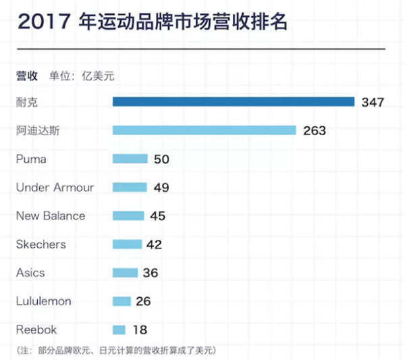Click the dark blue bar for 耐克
pyautogui.click(x=233, y=102)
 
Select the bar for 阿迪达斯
pyautogui.click(x=204, y=130)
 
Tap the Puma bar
pyautogui.click(x=130, y=159)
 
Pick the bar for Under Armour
pyautogui.click(x=129, y=187)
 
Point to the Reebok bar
pyautogui.click(x=119, y=330)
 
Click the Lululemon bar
pyautogui.click(x=122, y=301)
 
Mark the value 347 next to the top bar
pyautogui.click(x=372, y=102)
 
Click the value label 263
pyautogui.click(x=314, y=130)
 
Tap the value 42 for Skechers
pyautogui.click(x=155, y=245)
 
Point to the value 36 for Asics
pyautogui.click(x=150, y=273)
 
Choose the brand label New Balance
pyautogui.click(x=51, y=216)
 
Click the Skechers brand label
pyautogui.click(x=42, y=245)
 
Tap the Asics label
pyautogui.click(x=30, y=273)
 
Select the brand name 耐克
pyautogui.click(x=27, y=102)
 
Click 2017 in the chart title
pyautogui.click(x=43, y=23)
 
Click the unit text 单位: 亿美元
pyautogui.click(x=82, y=76)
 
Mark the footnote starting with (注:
pyautogui.click(x=115, y=350)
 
